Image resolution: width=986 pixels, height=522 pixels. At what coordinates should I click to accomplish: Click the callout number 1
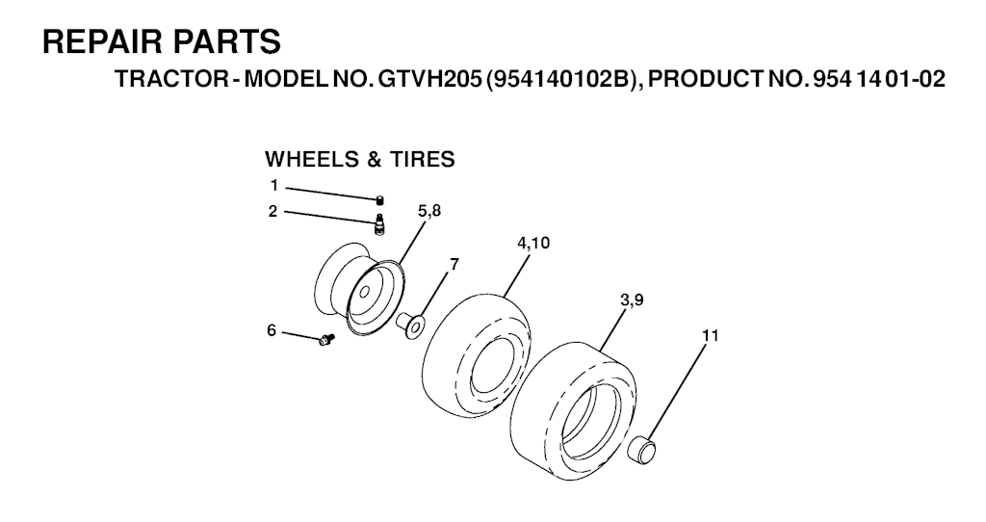coord(274,186)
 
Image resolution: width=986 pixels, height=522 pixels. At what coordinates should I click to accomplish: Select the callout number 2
coord(272,211)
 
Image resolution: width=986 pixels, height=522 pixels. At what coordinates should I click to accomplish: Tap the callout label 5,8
coord(429,211)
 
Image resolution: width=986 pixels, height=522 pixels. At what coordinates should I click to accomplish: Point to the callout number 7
coord(454,264)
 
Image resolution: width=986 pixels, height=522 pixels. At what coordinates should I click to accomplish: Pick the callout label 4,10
coord(533,243)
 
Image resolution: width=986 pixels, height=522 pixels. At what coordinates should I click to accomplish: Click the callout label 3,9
coord(632,300)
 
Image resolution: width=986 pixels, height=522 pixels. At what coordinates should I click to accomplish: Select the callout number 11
coord(710,336)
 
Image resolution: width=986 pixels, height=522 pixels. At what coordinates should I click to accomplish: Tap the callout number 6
coord(272,330)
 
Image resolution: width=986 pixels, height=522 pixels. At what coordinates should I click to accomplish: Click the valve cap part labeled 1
coord(379,200)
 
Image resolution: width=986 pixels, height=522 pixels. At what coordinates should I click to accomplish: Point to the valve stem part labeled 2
coord(379,224)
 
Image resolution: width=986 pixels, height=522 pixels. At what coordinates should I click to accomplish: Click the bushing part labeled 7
coord(408,322)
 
